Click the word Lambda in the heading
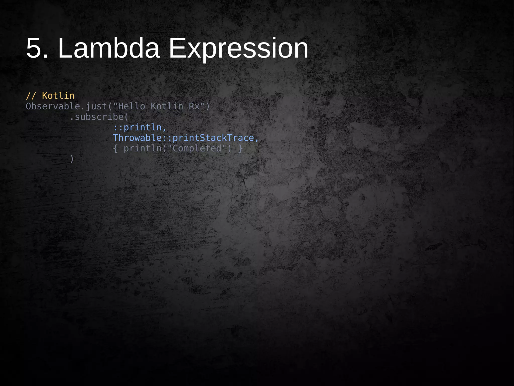point(109,48)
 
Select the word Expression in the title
point(238,48)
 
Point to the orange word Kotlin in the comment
point(58,96)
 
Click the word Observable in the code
point(53,106)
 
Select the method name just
point(96,106)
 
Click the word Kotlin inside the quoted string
point(167,106)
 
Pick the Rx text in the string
point(194,106)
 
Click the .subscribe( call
point(99,117)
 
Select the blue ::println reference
point(137,127)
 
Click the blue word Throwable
point(137,138)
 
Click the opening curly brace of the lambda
point(115,149)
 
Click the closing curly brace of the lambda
point(240,149)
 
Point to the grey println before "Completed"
point(143,149)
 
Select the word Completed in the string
point(197,149)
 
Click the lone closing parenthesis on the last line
point(72,159)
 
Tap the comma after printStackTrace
point(256,139)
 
